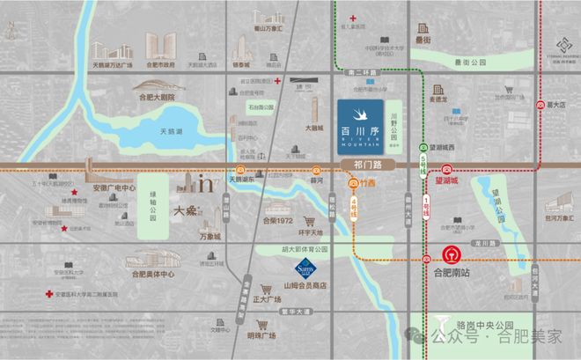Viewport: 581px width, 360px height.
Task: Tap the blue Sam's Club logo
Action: (x=306, y=266)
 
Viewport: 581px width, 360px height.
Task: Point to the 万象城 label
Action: (x=210, y=236)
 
